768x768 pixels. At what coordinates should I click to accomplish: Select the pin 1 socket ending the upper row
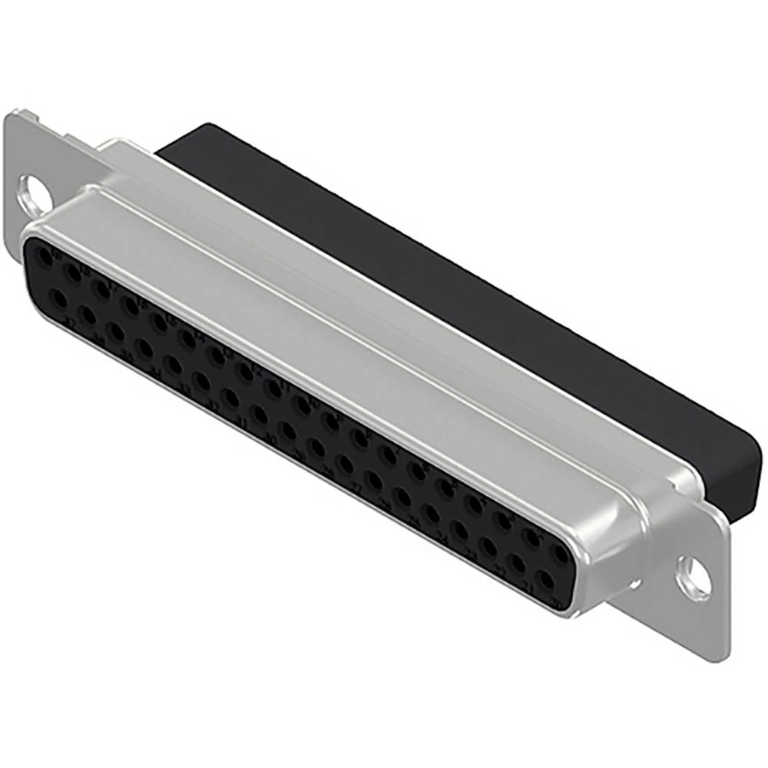pyautogui.click(x=561, y=553)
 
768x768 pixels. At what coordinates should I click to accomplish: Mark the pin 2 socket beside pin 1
pyautogui.click(x=533, y=537)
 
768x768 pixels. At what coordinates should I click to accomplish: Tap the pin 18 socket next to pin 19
pyautogui.click(x=74, y=273)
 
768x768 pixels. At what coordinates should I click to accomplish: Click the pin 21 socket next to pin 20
pyautogui.click(x=518, y=564)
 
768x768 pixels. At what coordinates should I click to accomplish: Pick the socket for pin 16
pyautogui.click(x=131, y=306)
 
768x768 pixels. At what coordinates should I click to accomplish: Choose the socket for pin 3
pyautogui.click(x=504, y=521)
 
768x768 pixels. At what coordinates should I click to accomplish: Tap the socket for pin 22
pyautogui.click(x=489, y=547)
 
